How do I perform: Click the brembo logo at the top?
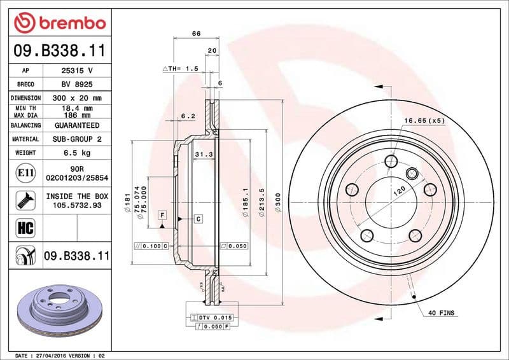click(x=59, y=24)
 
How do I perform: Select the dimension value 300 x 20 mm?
click(x=77, y=98)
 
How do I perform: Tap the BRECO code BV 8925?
click(x=77, y=84)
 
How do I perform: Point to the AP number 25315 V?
click(x=77, y=70)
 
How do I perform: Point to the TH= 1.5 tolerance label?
click(x=181, y=68)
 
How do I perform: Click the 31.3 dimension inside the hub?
click(x=203, y=155)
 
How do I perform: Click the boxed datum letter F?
click(x=162, y=214)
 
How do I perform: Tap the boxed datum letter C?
click(x=198, y=219)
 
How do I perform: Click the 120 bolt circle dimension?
click(x=398, y=190)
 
